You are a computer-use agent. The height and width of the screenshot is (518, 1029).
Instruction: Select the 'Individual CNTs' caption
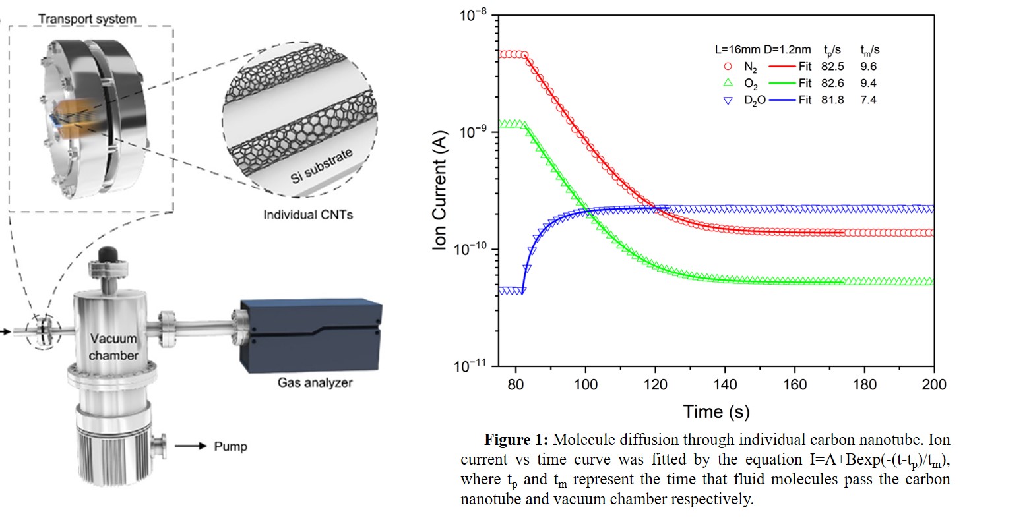coord(308,215)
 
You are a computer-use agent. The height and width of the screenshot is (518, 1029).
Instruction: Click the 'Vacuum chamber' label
coord(114,347)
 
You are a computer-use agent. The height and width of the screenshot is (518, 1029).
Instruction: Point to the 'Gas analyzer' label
coord(315,382)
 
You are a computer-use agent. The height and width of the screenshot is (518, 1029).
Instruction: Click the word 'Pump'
coord(231,446)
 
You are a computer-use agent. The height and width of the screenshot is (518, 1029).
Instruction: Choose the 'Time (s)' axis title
coord(716,412)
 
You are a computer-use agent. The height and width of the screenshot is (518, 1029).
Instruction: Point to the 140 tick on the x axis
coord(726,384)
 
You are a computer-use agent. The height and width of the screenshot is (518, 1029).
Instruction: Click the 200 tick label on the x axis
coord(933,384)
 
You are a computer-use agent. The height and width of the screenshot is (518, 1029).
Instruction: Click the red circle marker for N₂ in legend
coord(728,66)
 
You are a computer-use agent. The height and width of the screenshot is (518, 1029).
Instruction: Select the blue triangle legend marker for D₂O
coord(728,101)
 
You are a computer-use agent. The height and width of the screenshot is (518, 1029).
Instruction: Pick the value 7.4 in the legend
coord(868,101)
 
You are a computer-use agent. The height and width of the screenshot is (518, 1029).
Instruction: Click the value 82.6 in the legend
coord(833,83)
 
